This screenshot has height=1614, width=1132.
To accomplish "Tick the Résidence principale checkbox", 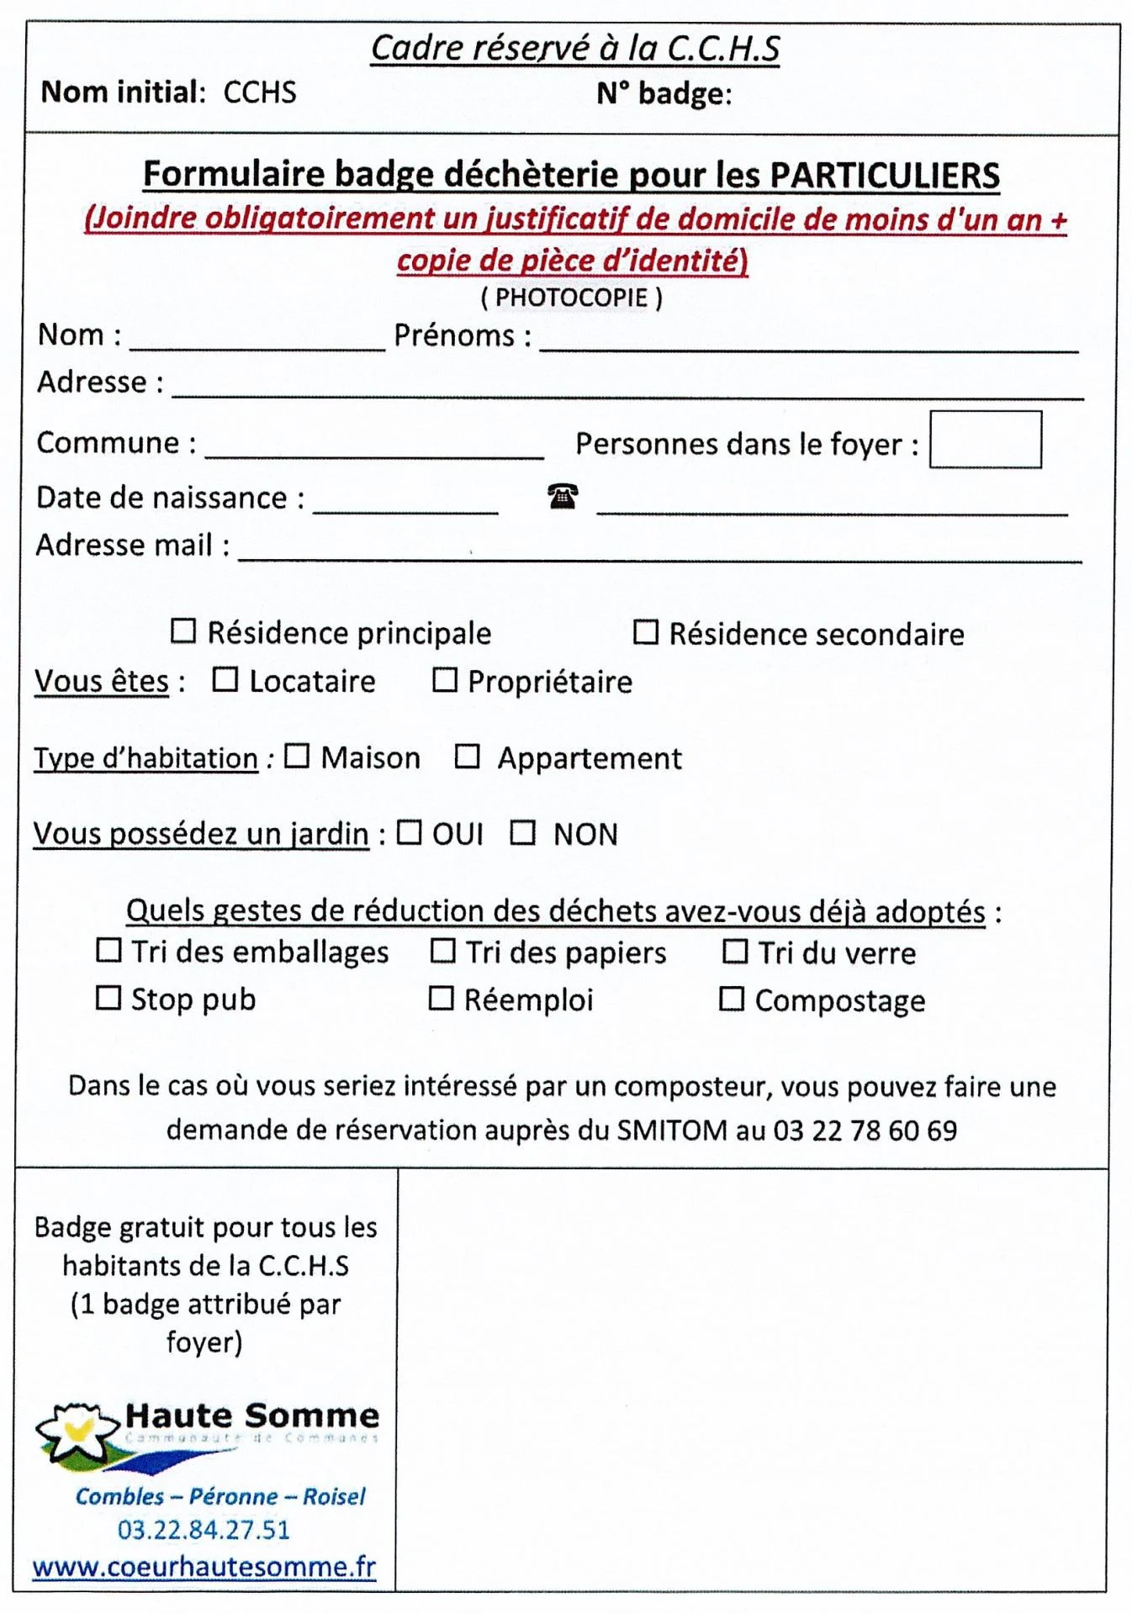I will click(182, 631).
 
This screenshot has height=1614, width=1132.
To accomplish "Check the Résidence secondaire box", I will click(645, 632).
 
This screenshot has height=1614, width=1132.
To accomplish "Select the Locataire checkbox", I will click(225, 679).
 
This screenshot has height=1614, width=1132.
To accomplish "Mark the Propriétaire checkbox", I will click(444, 679).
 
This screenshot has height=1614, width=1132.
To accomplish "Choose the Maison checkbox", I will click(296, 756).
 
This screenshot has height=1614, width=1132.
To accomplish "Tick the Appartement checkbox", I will click(467, 757).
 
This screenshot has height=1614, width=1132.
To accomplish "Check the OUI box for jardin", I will click(409, 832).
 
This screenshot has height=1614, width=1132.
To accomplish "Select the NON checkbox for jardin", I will click(522, 832).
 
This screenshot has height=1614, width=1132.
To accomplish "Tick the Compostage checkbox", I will click(731, 999).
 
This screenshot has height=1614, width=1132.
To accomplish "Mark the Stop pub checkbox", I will click(108, 998).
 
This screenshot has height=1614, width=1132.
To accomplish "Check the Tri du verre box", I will click(735, 952).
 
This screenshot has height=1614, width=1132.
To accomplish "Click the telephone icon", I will click(563, 496).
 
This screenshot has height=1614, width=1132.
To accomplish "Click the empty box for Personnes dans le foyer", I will click(985, 440).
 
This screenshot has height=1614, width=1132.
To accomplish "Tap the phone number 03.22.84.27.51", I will click(204, 1529).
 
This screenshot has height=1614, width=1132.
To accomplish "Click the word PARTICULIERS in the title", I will click(884, 175).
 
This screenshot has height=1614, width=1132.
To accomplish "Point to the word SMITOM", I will click(672, 1130).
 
